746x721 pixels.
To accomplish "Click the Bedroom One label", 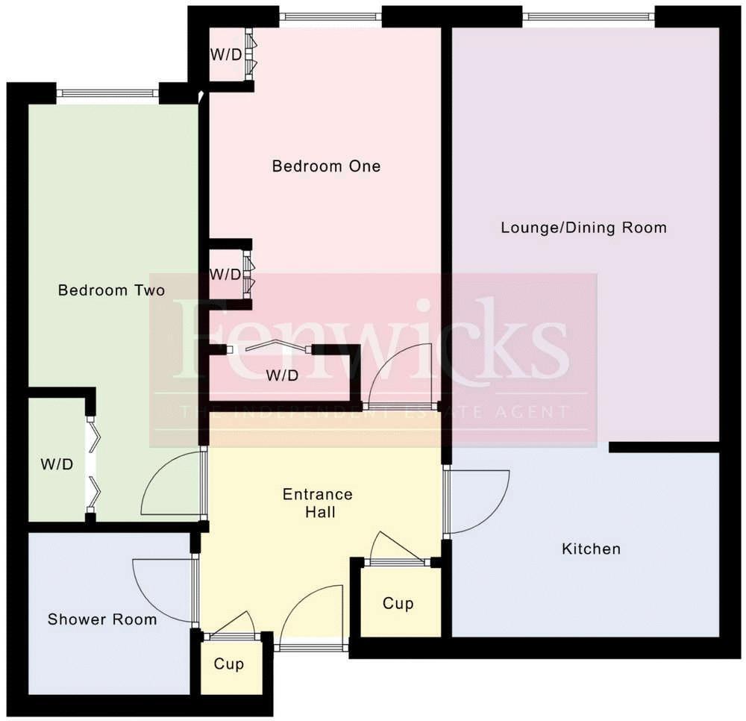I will (326, 166).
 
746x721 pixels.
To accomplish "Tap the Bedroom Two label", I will (111, 290).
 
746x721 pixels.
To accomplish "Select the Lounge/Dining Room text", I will (583, 227).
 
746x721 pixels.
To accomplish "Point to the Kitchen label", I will (591, 549).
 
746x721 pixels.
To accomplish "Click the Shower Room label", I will (102, 619).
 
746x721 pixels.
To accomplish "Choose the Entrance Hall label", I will (318, 503).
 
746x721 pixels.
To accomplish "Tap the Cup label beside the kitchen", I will (398, 603).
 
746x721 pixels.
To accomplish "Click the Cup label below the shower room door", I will (228, 664).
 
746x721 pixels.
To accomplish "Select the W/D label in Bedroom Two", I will (57, 464).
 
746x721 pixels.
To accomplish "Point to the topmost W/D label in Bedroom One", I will (225, 54).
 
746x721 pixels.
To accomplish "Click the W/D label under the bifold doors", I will (282, 376).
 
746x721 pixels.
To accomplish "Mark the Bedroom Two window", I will (107, 93).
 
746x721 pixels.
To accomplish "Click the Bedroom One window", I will (331, 16).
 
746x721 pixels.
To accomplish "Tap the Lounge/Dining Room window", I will (588, 16).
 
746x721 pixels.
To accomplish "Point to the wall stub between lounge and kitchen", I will (663, 447).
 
